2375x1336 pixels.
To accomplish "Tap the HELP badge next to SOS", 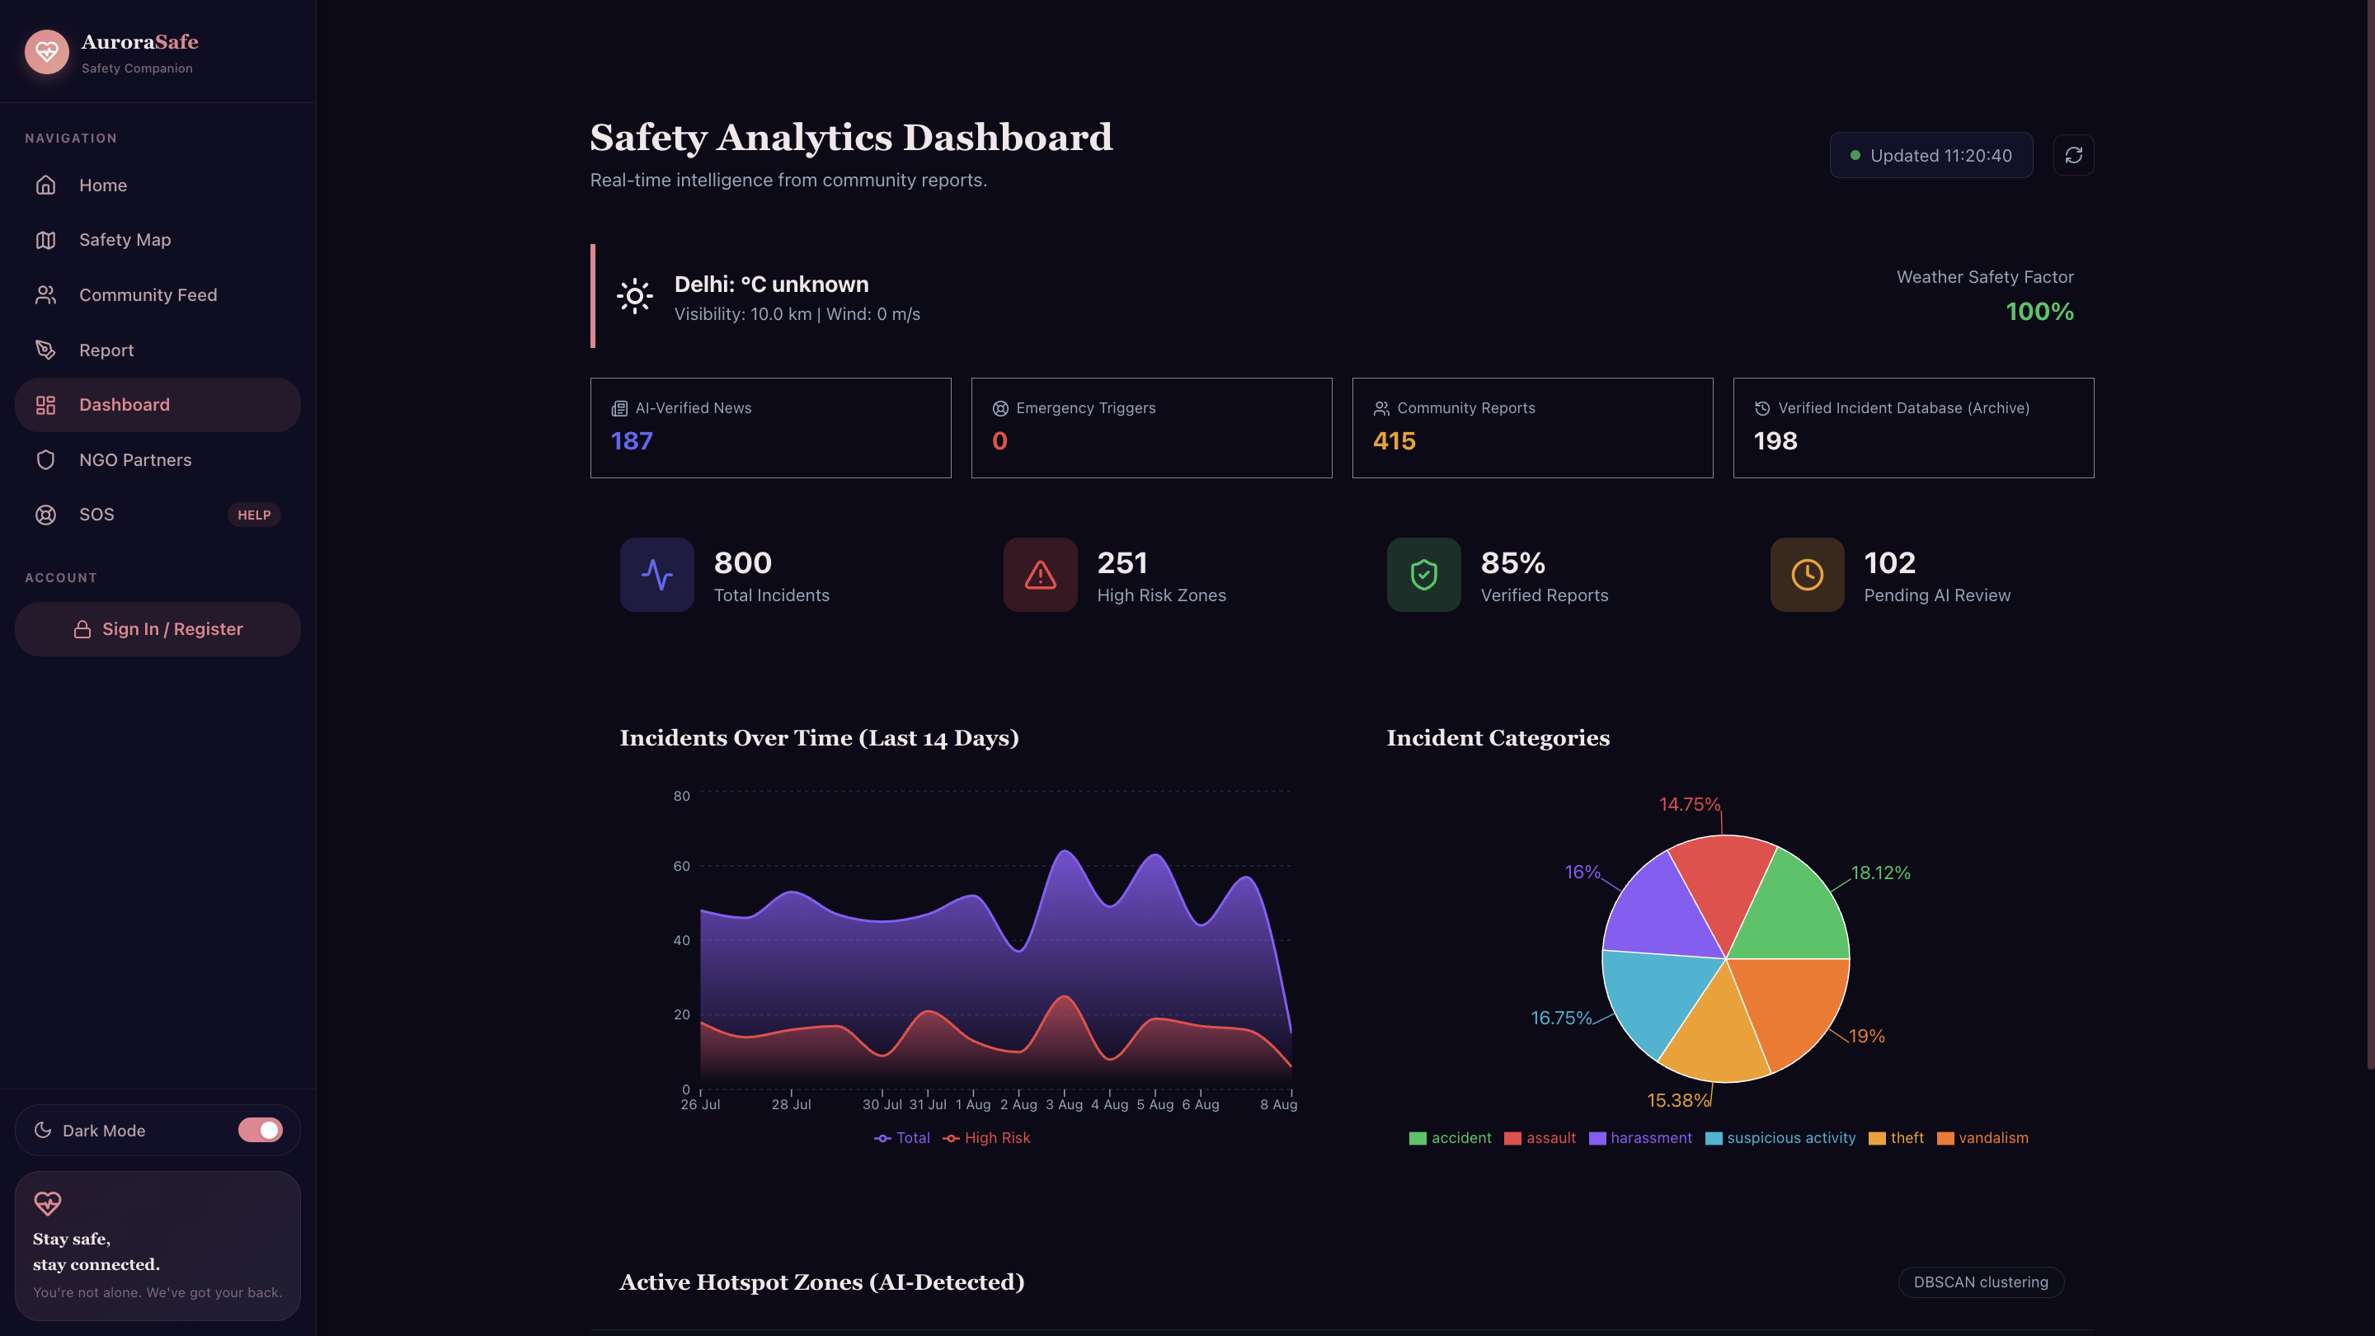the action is click(x=253, y=515).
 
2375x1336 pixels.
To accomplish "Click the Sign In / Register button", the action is click(x=158, y=628).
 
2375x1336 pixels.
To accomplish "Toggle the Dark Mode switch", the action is click(x=260, y=1131).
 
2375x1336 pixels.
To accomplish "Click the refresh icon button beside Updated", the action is click(x=2073, y=155).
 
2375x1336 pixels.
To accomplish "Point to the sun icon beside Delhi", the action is click(x=634, y=296).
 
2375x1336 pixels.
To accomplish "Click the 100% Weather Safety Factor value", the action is click(x=2039, y=312).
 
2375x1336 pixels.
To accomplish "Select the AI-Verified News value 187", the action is click(x=632, y=440).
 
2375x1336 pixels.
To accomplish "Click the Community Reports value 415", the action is click(x=1394, y=440).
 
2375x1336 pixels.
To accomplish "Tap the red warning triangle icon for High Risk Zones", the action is click(x=1040, y=575).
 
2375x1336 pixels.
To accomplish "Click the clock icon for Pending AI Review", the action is click(x=1807, y=575).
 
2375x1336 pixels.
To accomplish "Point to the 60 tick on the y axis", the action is click(x=681, y=866).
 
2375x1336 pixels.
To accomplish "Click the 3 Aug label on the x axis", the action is click(x=1064, y=1104).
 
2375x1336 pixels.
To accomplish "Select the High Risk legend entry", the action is click(x=986, y=1138).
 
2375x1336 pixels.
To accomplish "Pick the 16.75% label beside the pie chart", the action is click(x=1561, y=1018).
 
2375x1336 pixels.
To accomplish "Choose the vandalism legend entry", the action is click(x=1982, y=1138).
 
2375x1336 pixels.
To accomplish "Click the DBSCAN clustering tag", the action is click(x=1980, y=1282).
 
